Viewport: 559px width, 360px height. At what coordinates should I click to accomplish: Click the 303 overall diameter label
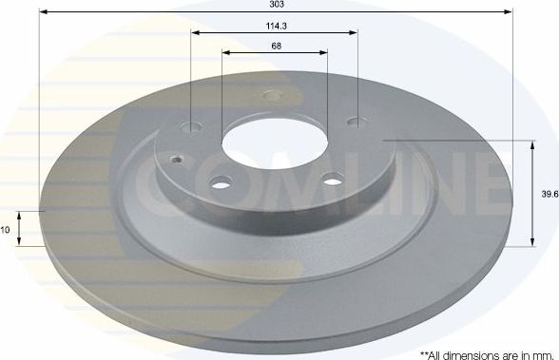(x=275, y=5)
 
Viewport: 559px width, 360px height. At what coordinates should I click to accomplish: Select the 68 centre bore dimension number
(x=275, y=46)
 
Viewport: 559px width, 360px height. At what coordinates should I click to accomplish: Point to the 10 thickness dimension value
(x=7, y=229)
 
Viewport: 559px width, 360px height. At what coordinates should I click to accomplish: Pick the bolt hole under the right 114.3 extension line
(x=357, y=121)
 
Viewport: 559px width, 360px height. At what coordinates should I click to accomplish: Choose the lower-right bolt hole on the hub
(x=332, y=177)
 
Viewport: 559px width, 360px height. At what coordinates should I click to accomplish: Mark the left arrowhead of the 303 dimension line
(x=43, y=11)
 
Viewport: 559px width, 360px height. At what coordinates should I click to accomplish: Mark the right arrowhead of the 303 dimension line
(x=510, y=11)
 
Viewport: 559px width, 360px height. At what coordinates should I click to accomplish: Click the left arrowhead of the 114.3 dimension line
(x=194, y=31)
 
